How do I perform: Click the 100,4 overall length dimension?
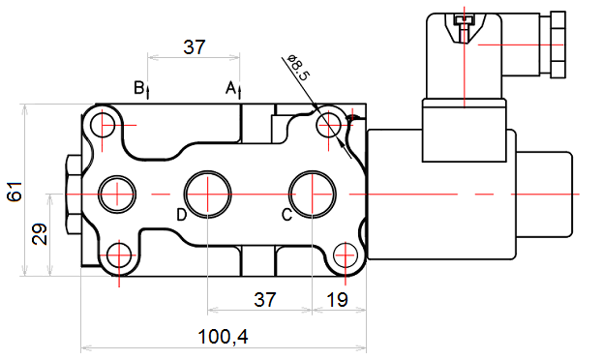[x=223, y=337]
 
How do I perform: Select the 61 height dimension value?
[x=15, y=192]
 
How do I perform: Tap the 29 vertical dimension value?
[x=39, y=234]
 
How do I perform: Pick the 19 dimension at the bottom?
[x=337, y=299]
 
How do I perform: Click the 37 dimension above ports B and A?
[x=195, y=47]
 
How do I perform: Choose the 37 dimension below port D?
[x=265, y=299]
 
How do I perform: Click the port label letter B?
[x=138, y=87]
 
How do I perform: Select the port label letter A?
[x=230, y=88]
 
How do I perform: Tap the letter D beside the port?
[x=182, y=215]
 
